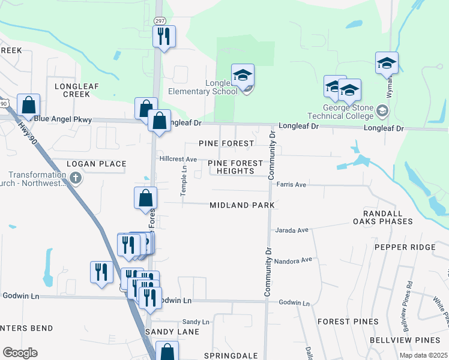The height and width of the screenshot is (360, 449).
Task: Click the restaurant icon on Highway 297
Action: point(163,37)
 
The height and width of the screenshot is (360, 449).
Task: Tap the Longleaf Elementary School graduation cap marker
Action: point(243,75)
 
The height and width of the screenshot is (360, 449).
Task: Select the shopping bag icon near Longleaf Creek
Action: point(29,106)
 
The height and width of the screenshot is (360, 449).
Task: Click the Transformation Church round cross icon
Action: point(75,178)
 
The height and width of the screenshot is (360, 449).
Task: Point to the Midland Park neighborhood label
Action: point(242,205)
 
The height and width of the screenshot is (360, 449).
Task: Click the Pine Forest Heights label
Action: point(235,167)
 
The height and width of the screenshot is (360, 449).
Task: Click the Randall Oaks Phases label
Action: point(388,217)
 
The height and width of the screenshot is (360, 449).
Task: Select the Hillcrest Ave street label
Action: point(178,159)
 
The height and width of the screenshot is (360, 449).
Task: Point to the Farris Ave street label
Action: point(291,185)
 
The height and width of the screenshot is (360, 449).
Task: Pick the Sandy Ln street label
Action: point(196,322)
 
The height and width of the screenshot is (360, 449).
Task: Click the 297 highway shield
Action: point(159,20)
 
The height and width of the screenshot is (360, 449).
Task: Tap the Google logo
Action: point(20,353)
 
